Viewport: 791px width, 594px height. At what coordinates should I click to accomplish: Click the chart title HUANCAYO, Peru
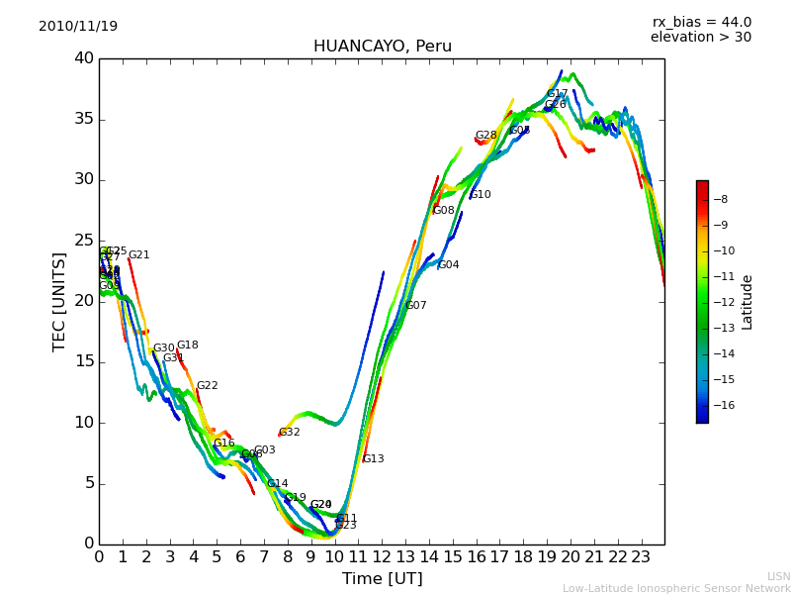382,47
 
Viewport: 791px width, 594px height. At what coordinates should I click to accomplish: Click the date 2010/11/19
78,26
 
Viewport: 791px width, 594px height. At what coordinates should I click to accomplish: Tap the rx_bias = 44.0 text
701,22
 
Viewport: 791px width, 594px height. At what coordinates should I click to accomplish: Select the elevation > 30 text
700,38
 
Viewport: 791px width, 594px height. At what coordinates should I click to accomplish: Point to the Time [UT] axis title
382,579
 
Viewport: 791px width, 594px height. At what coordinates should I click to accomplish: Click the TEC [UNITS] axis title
59,301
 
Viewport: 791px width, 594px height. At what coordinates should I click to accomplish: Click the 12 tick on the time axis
382,557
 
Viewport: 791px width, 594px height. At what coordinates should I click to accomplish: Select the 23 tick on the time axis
641,557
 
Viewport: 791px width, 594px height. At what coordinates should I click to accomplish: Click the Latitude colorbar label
747,301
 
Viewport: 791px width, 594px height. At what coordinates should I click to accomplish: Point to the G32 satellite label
290,433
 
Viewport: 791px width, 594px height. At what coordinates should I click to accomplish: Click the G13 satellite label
373,459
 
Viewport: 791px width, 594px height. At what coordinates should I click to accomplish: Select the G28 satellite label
485,136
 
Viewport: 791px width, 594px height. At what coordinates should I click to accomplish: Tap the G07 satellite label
416,306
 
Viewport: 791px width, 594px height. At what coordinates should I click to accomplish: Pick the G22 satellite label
207,386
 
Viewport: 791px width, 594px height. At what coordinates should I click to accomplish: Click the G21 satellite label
138,255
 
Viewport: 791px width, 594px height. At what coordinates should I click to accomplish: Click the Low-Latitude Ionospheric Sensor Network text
676,588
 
